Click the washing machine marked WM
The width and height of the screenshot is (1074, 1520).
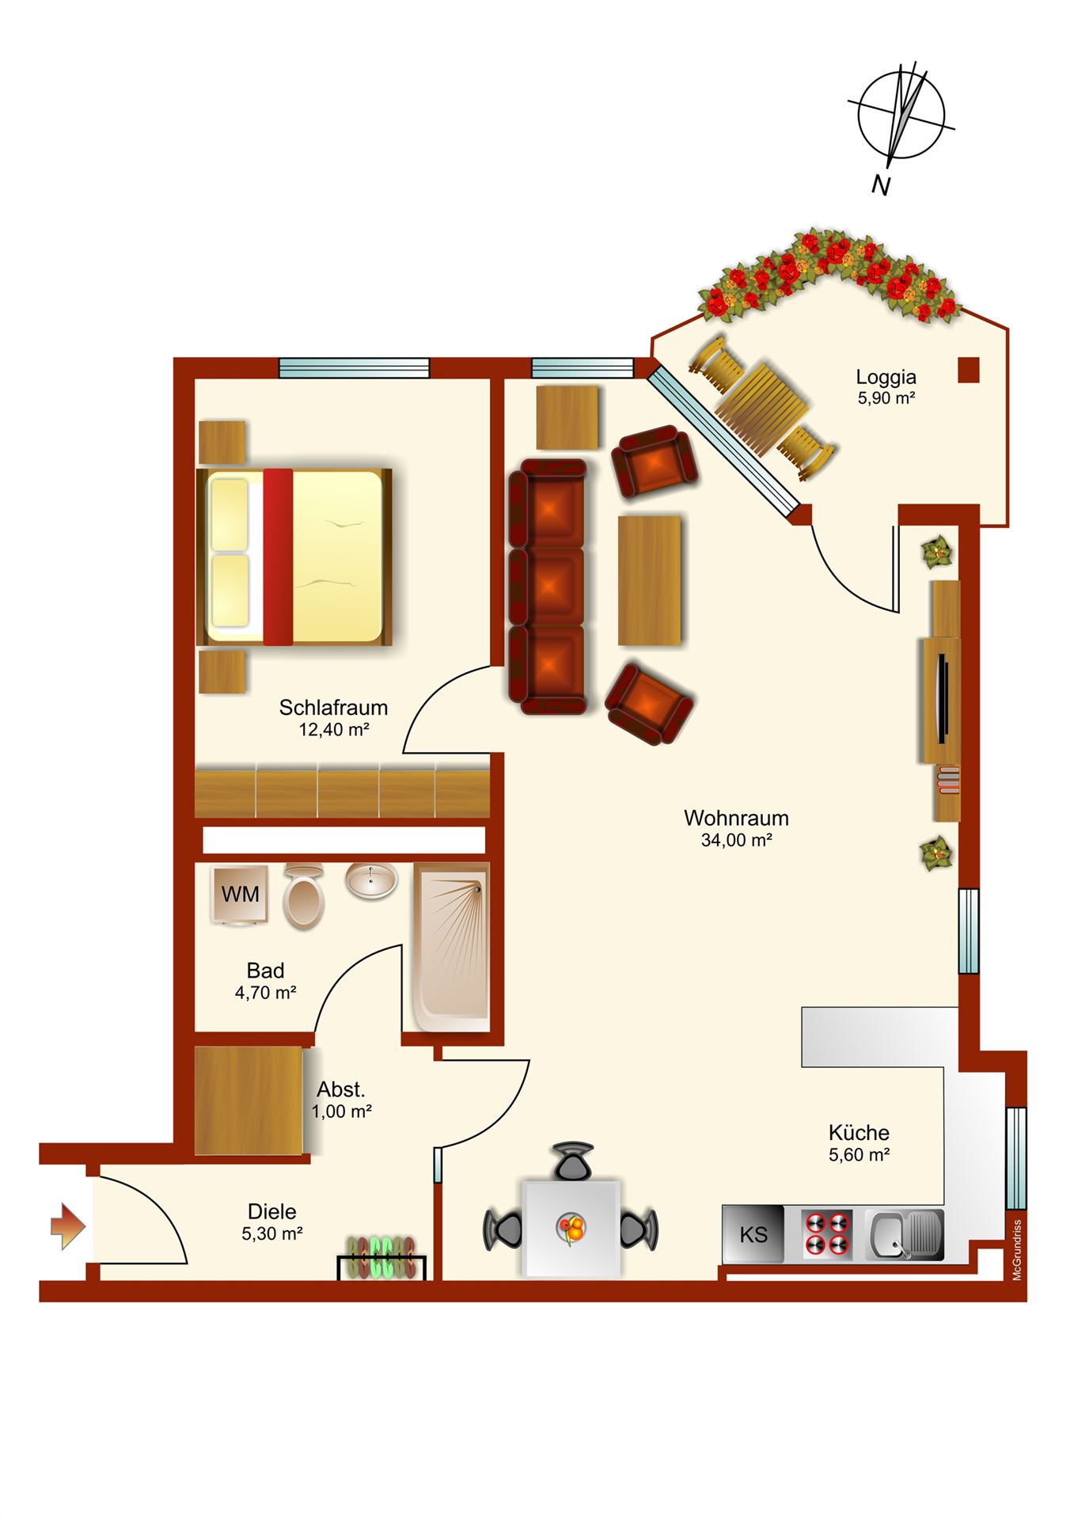pyautogui.click(x=240, y=895)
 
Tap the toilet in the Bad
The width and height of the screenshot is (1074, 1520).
pyautogui.click(x=304, y=896)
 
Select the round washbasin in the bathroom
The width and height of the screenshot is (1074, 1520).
pyautogui.click(x=371, y=880)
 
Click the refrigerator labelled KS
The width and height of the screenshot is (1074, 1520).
pyautogui.click(x=753, y=1234)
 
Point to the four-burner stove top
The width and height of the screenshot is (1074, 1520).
pyautogui.click(x=827, y=1234)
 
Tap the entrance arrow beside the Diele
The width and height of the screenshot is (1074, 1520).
pyautogui.click(x=68, y=1226)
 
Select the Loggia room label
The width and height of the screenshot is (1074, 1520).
pyautogui.click(x=886, y=378)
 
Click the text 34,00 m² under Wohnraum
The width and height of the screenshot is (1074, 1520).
pyautogui.click(x=737, y=840)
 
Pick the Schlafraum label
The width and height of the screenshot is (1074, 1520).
pyautogui.click(x=333, y=707)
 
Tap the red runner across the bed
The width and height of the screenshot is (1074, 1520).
pyautogui.click(x=278, y=557)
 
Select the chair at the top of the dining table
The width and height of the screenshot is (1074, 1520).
pyautogui.click(x=573, y=1160)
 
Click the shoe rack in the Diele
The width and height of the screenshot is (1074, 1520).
pyautogui.click(x=383, y=1257)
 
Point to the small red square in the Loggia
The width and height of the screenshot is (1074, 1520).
pyautogui.click(x=968, y=370)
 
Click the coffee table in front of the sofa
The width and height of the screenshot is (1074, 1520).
pyautogui.click(x=649, y=580)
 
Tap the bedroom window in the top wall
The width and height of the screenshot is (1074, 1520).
pyautogui.click(x=354, y=368)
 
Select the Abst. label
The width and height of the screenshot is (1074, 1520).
pyautogui.click(x=341, y=1089)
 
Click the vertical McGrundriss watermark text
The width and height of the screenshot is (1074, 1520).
pyautogui.click(x=1017, y=1248)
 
